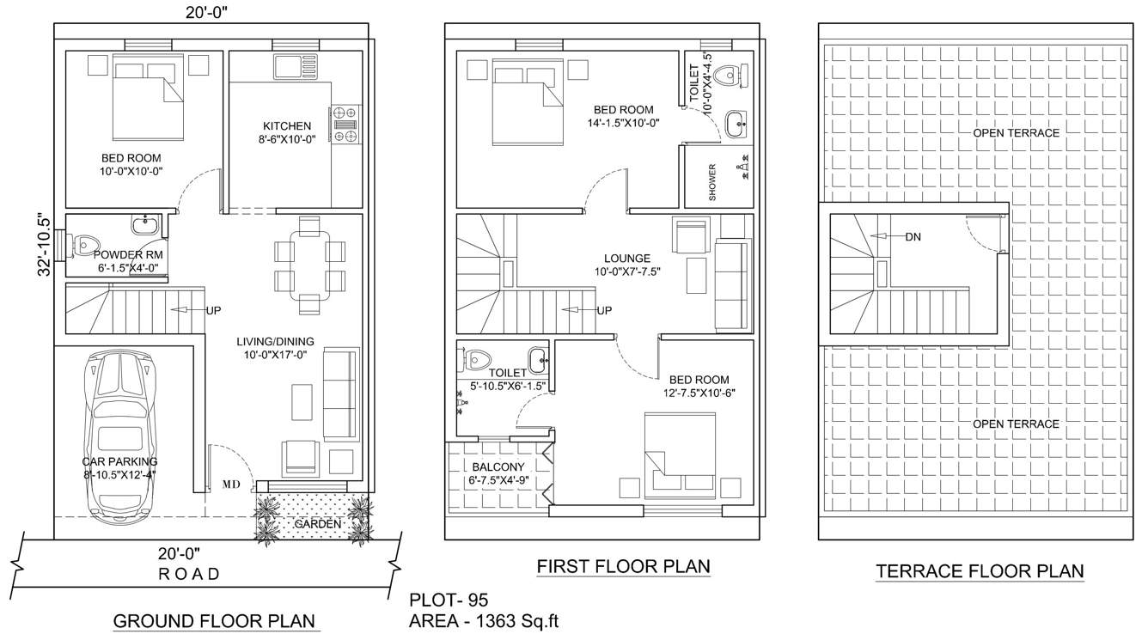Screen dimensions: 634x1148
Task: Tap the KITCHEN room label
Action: [x=287, y=126]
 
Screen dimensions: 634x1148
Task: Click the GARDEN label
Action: [x=317, y=523]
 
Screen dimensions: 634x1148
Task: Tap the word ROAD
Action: [x=189, y=573]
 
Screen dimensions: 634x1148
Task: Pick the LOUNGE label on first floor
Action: [x=627, y=259]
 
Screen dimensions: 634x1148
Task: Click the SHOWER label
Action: [x=712, y=182]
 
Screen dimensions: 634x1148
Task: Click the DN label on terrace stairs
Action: [x=913, y=237]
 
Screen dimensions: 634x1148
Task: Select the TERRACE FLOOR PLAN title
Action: [x=980, y=571]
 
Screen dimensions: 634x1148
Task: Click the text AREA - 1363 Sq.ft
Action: [x=484, y=620]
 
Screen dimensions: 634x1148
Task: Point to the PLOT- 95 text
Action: [x=449, y=599]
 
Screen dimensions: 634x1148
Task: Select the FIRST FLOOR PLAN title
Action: [x=623, y=566]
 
